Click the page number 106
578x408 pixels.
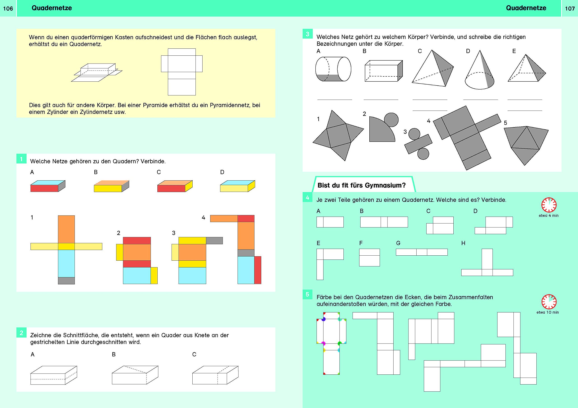8,9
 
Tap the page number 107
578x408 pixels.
570,9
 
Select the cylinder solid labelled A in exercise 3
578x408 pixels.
333,69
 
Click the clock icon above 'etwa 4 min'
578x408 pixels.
549,205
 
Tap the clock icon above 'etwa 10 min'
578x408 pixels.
549,302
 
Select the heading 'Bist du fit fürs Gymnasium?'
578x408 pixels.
361,186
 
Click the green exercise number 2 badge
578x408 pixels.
21,333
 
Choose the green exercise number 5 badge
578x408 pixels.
307,295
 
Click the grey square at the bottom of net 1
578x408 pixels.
66,281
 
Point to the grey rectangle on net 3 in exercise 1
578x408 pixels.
214,241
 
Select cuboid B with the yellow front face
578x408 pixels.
111,186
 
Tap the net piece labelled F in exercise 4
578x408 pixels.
369,257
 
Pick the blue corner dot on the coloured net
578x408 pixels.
324,319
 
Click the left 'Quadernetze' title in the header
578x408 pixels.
52,8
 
